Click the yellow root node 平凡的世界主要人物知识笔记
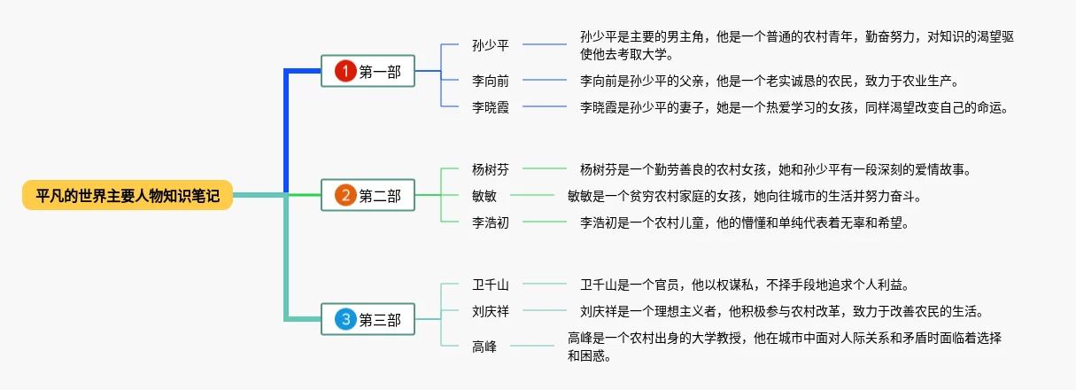(128, 195)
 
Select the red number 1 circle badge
(344, 72)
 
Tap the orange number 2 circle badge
(344, 195)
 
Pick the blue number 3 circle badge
(344, 319)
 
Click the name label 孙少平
(491, 44)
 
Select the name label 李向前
(491, 81)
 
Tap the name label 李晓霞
(491, 107)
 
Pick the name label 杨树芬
(491, 168)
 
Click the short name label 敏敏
(484, 195)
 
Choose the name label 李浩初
(491, 222)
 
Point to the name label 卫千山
(491, 285)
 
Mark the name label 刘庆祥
(491, 311)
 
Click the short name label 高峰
(484, 347)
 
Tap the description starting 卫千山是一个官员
(744, 285)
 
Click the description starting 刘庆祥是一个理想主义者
(781, 311)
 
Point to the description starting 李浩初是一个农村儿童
(744, 222)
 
